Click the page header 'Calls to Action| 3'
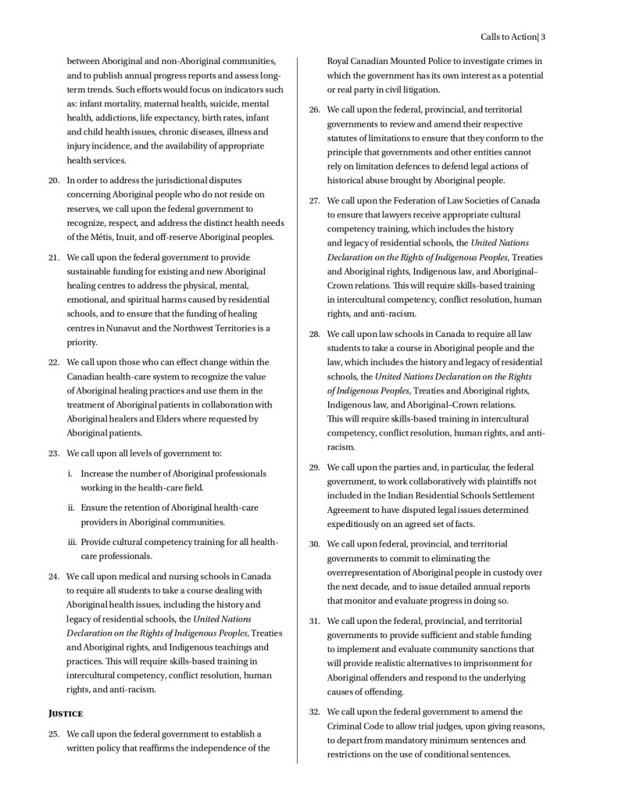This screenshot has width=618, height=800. [x=512, y=37]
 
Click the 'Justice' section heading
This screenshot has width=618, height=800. [x=65, y=713]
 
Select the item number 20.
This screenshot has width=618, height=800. [x=54, y=180]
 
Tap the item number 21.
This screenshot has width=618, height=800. [x=54, y=257]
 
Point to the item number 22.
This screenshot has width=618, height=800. [x=54, y=362]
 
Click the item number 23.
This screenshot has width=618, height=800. [x=54, y=453]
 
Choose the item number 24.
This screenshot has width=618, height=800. [x=54, y=576]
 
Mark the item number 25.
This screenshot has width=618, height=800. [x=54, y=734]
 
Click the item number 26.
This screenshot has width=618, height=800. [x=314, y=109]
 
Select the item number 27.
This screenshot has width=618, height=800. [x=314, y=200]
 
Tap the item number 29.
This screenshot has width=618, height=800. [x=314, y=467]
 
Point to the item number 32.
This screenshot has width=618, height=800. [x=314, y=712]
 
